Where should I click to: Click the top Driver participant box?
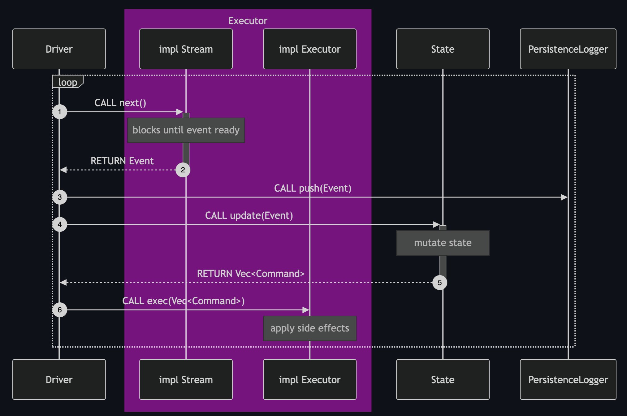coord(59,49)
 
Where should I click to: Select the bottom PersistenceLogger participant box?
coord(568,379)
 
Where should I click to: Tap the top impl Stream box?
coord(186,49)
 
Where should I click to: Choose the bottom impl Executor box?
coord(309,379)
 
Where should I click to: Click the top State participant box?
coord(443,49)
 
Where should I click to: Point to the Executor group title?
coord(248,21)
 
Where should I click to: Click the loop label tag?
coord(67,82)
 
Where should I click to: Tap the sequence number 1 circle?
coord(60,112)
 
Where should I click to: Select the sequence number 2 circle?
coord(183,170)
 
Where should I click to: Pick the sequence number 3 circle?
coord(60,197)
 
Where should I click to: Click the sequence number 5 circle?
coord(439,283)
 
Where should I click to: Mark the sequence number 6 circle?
coord(60,310)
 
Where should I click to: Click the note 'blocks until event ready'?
coord(186,130)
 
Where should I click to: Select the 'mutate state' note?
coord(443,243)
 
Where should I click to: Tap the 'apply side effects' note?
coord(309,328)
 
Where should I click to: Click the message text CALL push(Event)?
coord(313,188)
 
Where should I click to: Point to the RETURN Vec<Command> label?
coord(251,274)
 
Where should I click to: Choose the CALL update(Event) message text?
coord(249,215)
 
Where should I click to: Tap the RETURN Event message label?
coord(122,161)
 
